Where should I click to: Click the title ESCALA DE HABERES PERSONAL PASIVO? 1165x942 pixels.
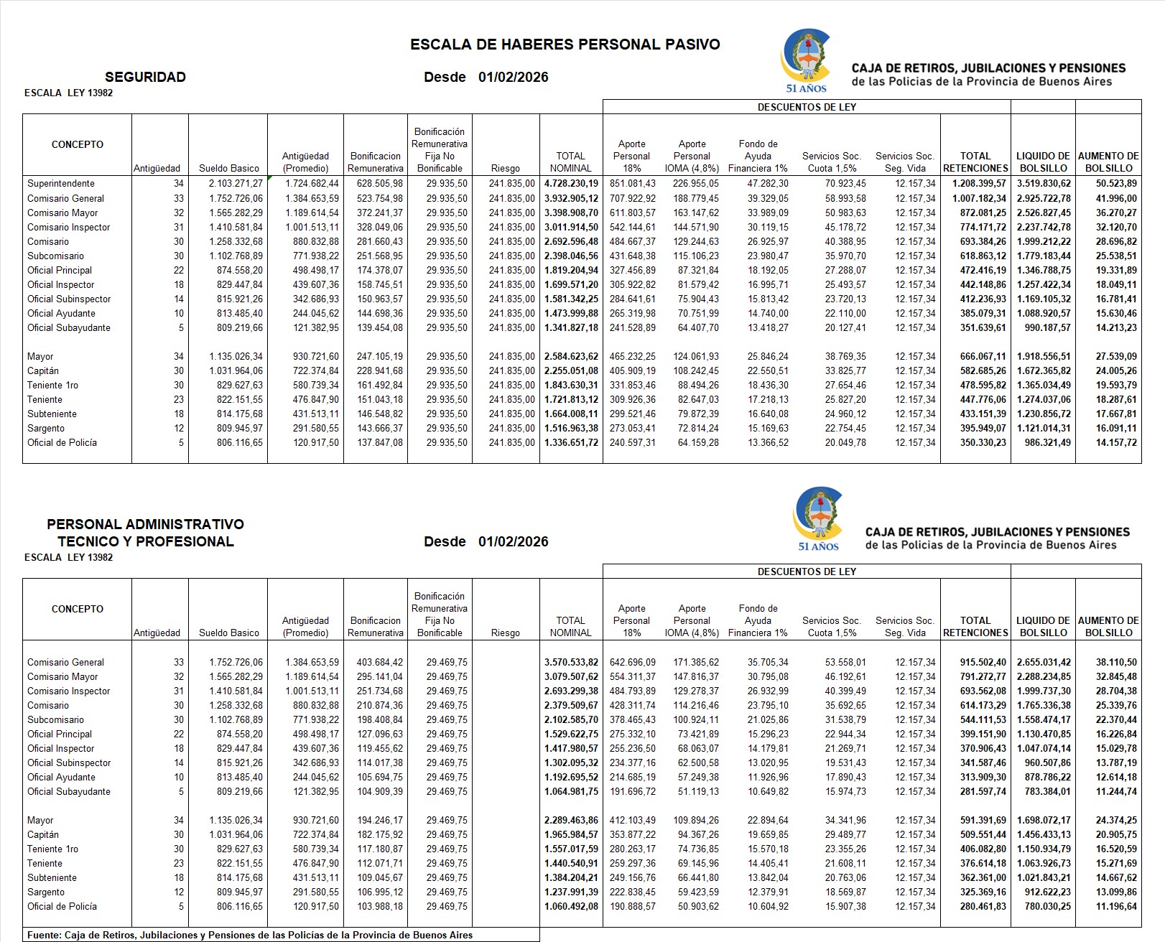point(565,45)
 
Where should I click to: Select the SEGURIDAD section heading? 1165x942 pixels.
point(145,77)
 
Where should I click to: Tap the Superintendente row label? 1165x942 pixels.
point(61,184)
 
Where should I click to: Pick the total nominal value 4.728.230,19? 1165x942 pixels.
point(571,184)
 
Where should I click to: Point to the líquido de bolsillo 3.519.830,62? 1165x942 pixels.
point(1044,184)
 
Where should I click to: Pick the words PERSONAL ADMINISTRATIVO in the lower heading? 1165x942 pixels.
point(145,525)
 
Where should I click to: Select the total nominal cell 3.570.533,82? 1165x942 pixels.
point(571,662)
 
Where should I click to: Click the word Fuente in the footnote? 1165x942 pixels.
point(43,936)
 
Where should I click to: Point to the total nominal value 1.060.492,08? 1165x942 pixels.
point(571,906)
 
